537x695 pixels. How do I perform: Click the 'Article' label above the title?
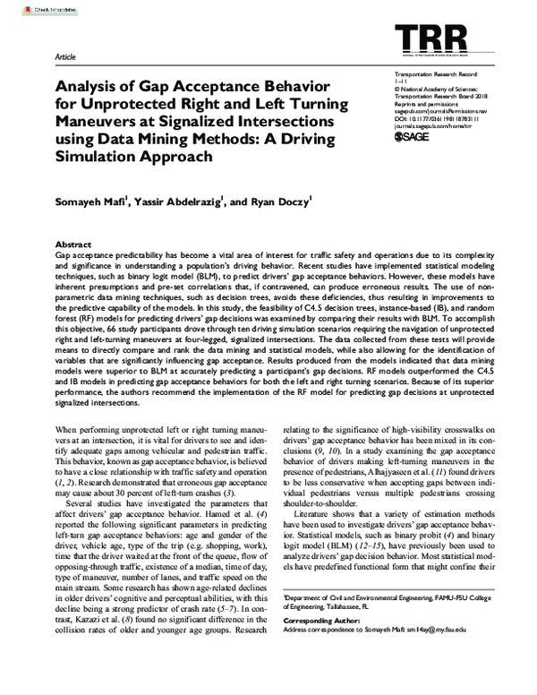(65, 56)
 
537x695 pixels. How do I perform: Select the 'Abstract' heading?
(74, 244)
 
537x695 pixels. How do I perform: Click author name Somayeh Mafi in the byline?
(91, 202)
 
